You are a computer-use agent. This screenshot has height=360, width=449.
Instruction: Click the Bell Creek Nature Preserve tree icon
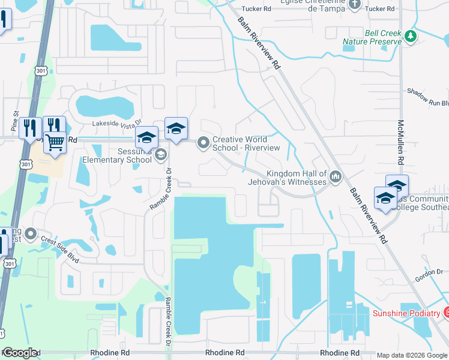pos(411,37)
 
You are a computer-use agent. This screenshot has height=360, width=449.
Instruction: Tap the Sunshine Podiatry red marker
pos(447,313)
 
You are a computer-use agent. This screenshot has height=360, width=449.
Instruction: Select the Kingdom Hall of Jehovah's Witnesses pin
pos(336,177)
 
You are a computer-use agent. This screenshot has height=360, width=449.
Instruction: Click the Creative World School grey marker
pos(203,143)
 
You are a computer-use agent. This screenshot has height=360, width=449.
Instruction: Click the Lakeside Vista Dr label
pos(117,122)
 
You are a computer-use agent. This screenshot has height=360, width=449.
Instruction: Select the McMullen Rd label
pos(400,143)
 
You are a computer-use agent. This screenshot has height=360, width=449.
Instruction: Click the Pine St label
pos(16,121)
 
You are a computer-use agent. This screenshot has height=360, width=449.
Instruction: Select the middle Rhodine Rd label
pos(225,353)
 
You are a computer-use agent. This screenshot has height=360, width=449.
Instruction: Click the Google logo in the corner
pos(20,353)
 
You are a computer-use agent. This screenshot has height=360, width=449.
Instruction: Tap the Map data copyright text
pos(411,355)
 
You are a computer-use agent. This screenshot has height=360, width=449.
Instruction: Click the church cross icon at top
pos(354,5)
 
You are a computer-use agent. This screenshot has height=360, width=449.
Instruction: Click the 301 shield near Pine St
pos(25,164)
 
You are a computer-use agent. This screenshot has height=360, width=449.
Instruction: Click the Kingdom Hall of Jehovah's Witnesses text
pos(288,177)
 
